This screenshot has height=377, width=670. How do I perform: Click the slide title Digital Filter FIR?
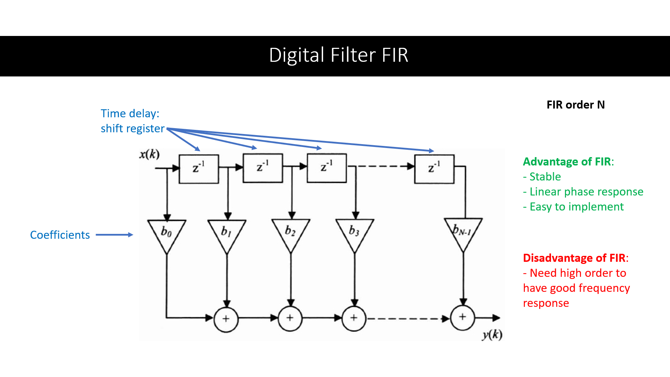(x=338, y=55)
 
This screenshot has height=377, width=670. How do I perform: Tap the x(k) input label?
(x=149, y=154)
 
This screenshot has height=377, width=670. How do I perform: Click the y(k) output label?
(x=492, y=335)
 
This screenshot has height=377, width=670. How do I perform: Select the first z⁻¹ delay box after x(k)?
(x=199, y=169)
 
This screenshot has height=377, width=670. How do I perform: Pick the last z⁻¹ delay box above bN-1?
(x=434, y=169)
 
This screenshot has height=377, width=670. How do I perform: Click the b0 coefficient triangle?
(x=166, y=233)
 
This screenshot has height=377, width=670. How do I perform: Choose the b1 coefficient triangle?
(x=227, y=233)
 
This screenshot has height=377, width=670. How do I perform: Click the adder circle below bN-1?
(x=462, y=317)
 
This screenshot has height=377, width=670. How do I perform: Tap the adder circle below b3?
(x=354, y=318)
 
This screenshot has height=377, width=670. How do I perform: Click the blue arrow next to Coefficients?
(x=114, y=235)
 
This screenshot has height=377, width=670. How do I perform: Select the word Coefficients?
(x=60, y=235)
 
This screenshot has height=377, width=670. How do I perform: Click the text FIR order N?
(x=575, y=105)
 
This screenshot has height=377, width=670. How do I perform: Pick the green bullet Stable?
(x=545, y=177)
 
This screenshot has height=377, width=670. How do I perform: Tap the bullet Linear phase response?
(x=586, y=192)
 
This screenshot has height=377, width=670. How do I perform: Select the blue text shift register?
(x=132, y=128)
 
